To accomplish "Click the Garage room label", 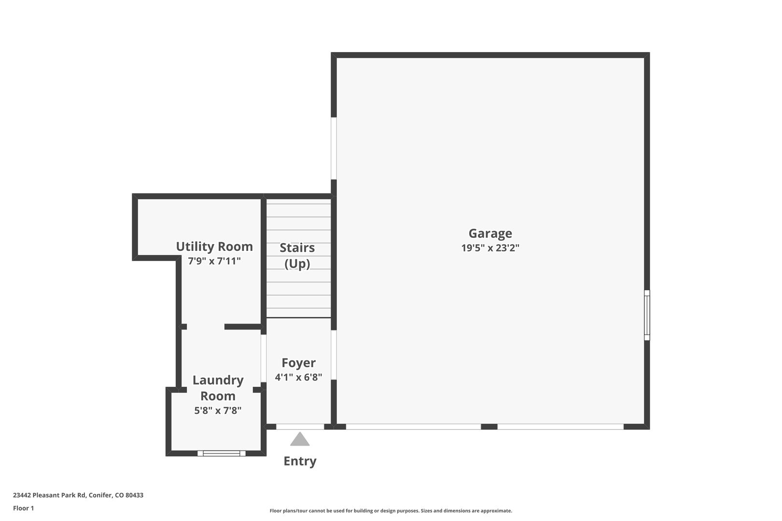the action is click(x=490, y=233).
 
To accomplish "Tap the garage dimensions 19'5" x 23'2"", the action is click(x=490, y=248).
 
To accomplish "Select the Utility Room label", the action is click(x=214, y=247).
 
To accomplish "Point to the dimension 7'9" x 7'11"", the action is click(x=214, y=260).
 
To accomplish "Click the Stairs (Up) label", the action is click(x=297, y=256).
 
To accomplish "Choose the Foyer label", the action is click(x=298, y=363).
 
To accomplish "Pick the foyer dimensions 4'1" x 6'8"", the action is click(x=298, y=377).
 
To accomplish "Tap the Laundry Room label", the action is click(x=218, y=388).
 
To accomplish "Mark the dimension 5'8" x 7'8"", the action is click(x=218, y=411).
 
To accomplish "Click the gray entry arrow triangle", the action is click(x=300, y=439).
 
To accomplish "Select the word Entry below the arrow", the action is click(x=300, y=461).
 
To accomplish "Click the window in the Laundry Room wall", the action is click(x=222, y=453).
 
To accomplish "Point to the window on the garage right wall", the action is click(x=647, y=315).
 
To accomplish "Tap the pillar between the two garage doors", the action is click(x=489, y=426).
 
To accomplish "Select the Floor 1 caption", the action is click(x=23, y=508).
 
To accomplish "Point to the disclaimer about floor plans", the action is click(x=391, y=510).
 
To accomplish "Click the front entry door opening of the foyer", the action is click(x=300, y=426).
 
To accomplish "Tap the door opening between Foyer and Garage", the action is click(x=334, y=355).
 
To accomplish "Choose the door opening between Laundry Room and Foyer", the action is click(x=264, y=358).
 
